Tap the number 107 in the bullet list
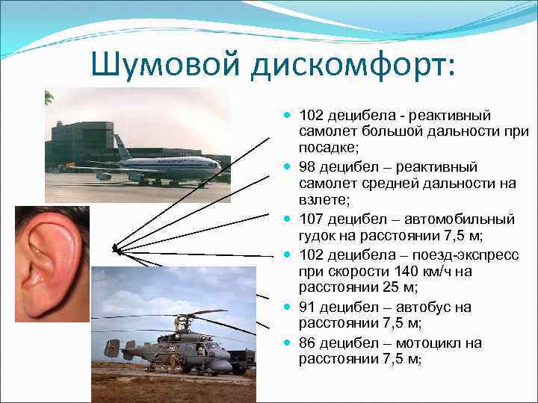click(311, 219)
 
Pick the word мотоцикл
click(446, 343)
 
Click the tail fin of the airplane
click(121, 146)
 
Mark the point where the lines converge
click(114, 247)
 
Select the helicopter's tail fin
click(112, 348)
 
